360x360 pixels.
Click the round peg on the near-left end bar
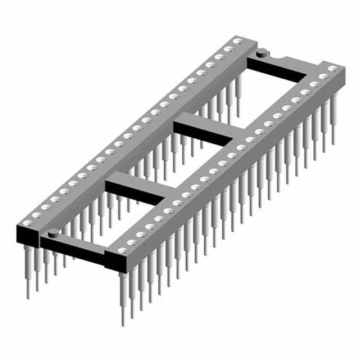coord(52,232)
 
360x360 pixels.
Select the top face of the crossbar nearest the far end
coord(205,125)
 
